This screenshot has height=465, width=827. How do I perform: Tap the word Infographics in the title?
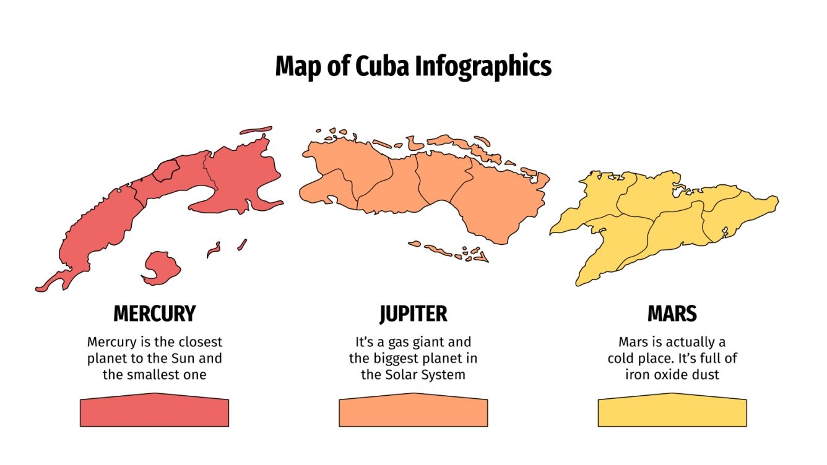[x=483, y=67]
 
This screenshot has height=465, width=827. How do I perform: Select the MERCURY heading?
[x=154, y=314]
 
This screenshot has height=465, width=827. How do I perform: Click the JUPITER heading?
[x=413, y=314]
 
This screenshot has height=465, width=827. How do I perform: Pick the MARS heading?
[x=672, y=314]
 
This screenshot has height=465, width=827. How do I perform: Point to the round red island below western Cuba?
[x=162, y=268]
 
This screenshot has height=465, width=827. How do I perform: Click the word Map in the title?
[x=296, y=66]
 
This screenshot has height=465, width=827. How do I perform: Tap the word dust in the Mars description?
[x=706, y=374]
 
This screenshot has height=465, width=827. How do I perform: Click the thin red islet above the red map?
[x=256, y=130]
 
